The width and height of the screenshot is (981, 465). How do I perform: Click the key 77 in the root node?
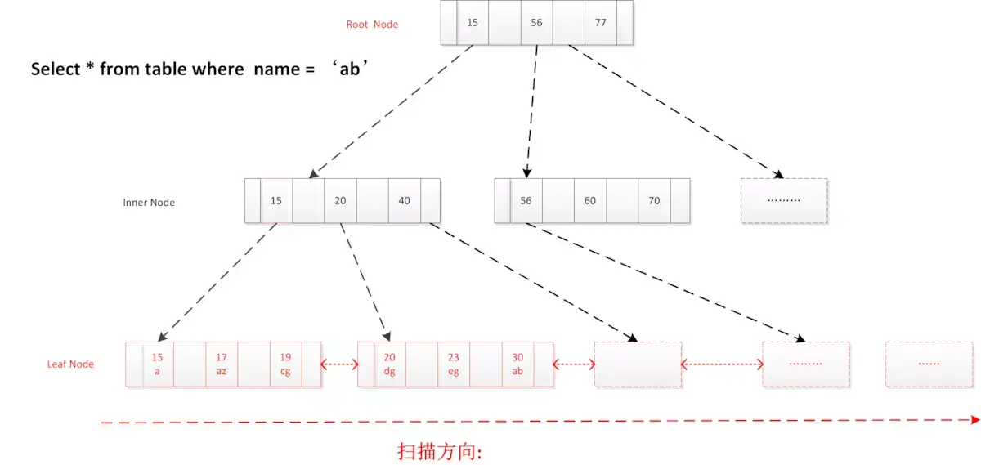pyautogui.click(x=601, y=23)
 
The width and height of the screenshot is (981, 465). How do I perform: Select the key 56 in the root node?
pyautogui.click(x=536, y=23)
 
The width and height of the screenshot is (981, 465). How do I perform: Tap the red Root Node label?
pyautogui.click(x=372, y=25)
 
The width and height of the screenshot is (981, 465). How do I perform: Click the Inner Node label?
pyautogui.click(x=149, y=202)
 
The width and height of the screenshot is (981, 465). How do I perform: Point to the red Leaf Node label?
pyautogui.click(x=70, y=364)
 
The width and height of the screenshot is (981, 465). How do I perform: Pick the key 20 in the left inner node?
pyautogui.click(x=340, y=201)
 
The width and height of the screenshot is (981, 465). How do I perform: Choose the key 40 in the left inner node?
pyautogui.click(x=405, y=201)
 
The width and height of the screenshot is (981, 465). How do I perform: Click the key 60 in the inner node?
pyautogui.click(x=590, y=201)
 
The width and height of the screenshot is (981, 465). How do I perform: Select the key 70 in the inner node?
pyautogui.click(x=654, y=201)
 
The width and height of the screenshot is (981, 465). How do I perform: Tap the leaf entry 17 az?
pyautogui.click(x=222, y=364)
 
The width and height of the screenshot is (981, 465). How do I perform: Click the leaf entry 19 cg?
pyautogui.click(x=285, y=364)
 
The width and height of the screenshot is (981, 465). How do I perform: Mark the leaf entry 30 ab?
pyautogui.click(x=517, y=364)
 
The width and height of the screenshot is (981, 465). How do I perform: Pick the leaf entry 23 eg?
pyautogui.click(x=453, y=364)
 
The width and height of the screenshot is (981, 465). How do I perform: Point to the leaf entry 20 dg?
pyautogui.click(x=389, y=364)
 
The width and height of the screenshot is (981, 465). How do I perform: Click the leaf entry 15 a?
pyautogui.click(x=158, y=364)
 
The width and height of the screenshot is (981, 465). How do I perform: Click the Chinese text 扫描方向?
pyautogui.click(x=440, y=450)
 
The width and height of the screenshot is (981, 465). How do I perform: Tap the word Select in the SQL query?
pyautogui.click(x=55, y=69)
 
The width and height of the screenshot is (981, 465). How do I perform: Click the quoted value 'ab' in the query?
pyautogui.click(x=351, y=69)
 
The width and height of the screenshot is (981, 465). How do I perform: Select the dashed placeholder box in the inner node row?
pyautogui.click(x=784, y=200)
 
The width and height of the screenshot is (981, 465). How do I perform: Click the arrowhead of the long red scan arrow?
pyautogui.click(x=974, y=420)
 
